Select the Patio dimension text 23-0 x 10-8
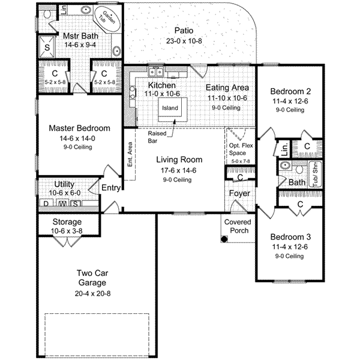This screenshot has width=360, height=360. pyautogui.click(x=187, y=41)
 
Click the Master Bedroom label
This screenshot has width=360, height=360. pyautogui.click(x=79, y=128)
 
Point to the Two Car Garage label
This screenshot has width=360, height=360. pyautogui.click(x=92, y=278)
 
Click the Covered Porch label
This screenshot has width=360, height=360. pyautogui.click(x=237, y=226)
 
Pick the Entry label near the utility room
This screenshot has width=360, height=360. pyautogui.click(x=111, y=188)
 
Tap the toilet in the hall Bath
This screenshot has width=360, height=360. pyautogui.click(x=286, y=164)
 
